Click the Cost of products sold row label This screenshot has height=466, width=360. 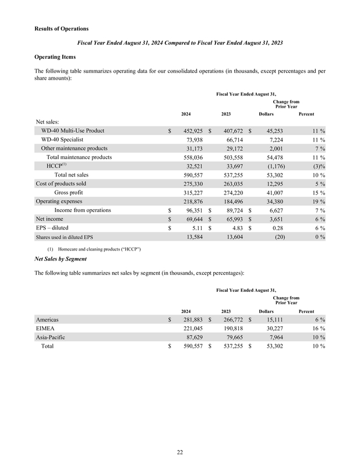pyautogui.click(x=61, y=183)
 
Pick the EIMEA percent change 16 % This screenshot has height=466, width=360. pyautogui.click(x=316, y=329)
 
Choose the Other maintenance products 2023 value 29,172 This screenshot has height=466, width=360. pyautogui.click(x=228, y=149)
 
